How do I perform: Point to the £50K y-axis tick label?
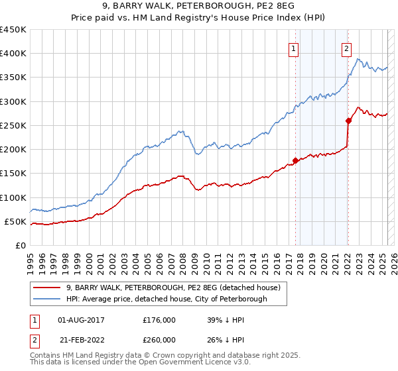tap(15, 221)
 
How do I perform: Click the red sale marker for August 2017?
tap(295, 160)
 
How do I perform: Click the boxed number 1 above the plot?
tap(293, 48)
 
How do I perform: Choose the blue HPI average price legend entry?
tap(166, 299)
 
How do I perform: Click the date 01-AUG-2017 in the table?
tap(82, 319)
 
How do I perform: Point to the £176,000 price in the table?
tap(159, 319)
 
